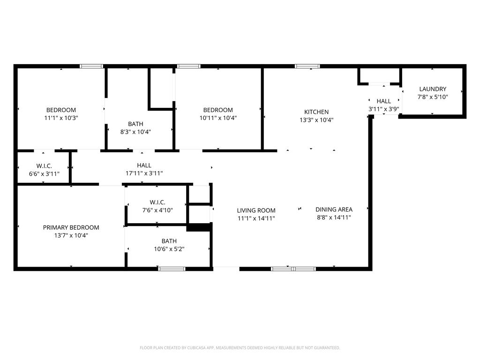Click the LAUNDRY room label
point(433,89)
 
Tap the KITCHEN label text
point(316,112)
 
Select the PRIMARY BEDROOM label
point(71,227)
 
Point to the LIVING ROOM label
point(256,210)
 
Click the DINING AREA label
point(334,210)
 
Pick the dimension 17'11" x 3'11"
point(144,173)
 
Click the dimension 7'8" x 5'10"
point(433,97)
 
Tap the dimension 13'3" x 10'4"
point(316,120)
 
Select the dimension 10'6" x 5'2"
point(169,249)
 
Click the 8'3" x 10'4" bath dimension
point(135,132)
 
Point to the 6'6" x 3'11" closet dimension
point(44,174)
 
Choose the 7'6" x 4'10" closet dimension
point(157,210)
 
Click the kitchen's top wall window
point(307,66)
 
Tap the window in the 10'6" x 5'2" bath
point(172,269)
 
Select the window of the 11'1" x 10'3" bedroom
point(91,66)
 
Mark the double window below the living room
point(293,269)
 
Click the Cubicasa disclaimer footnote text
point(240,348)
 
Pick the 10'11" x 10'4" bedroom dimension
point(218,118)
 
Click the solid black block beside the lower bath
point(198,227)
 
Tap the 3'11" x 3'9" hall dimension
point(383,109)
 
